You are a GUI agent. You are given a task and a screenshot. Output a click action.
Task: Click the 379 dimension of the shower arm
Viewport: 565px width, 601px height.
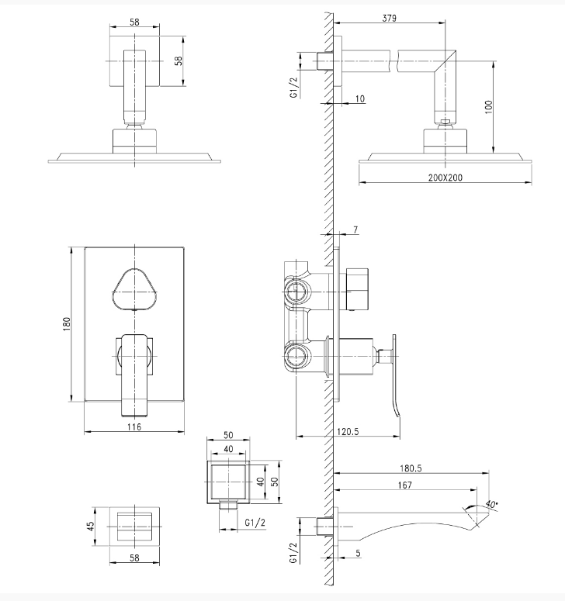point(390,18)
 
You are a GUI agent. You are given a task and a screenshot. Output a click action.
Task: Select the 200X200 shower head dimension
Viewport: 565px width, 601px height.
point(445,178)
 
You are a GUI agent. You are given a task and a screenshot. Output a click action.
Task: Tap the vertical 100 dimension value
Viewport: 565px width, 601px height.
point(488,107)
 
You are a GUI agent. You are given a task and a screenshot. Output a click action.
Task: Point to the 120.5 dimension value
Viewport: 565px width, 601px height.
point(348,432)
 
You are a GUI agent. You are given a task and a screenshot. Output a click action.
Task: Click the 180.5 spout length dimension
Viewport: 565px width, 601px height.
point(411,468)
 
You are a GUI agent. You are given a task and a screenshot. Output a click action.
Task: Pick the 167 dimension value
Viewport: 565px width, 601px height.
point(404,485)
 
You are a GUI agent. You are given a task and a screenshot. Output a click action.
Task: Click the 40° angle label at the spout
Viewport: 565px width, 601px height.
point(491,503)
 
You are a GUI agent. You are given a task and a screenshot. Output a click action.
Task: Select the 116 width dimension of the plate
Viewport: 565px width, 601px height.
point(133,427)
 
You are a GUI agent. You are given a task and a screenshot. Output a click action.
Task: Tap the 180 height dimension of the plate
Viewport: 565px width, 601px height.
point(67,324)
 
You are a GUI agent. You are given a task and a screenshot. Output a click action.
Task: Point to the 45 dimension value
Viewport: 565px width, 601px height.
point(91,526)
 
